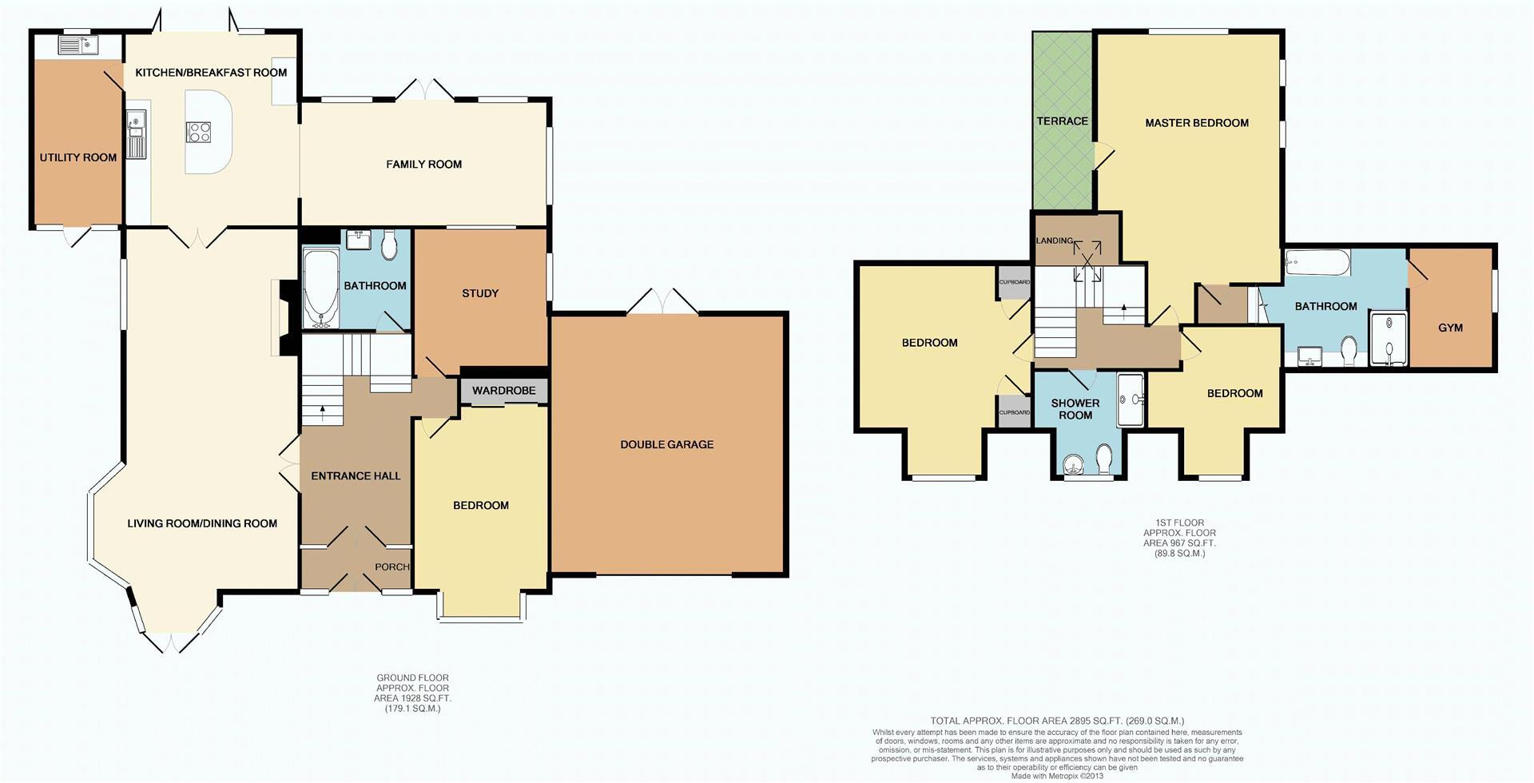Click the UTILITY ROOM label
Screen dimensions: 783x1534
[78, 157]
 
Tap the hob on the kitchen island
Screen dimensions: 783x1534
[198, 132]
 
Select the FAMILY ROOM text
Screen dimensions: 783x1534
[423, 165]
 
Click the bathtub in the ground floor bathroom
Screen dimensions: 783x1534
[321, 288]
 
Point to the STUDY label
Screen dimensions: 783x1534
[480, 293]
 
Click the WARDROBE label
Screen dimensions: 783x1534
[503, 391]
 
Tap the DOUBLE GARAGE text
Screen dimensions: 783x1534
[666, 444]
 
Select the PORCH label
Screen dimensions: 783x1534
[392, 566]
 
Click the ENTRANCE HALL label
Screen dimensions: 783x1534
[356, 476]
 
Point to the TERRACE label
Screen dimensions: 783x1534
[1062, 121]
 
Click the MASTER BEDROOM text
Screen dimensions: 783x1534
[1196, 123]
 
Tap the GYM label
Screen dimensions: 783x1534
[1450, 328]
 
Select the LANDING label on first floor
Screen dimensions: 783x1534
[1054, 240]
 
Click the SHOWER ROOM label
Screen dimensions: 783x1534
[1075, 409]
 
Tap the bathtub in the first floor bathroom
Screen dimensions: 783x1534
[1317, 261]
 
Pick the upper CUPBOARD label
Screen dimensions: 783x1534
[1014, 282]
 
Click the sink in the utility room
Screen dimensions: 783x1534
[77, 45]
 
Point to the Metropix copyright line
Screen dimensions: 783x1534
[1057, 776]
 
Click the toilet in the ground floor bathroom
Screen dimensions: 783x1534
[390, 245]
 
